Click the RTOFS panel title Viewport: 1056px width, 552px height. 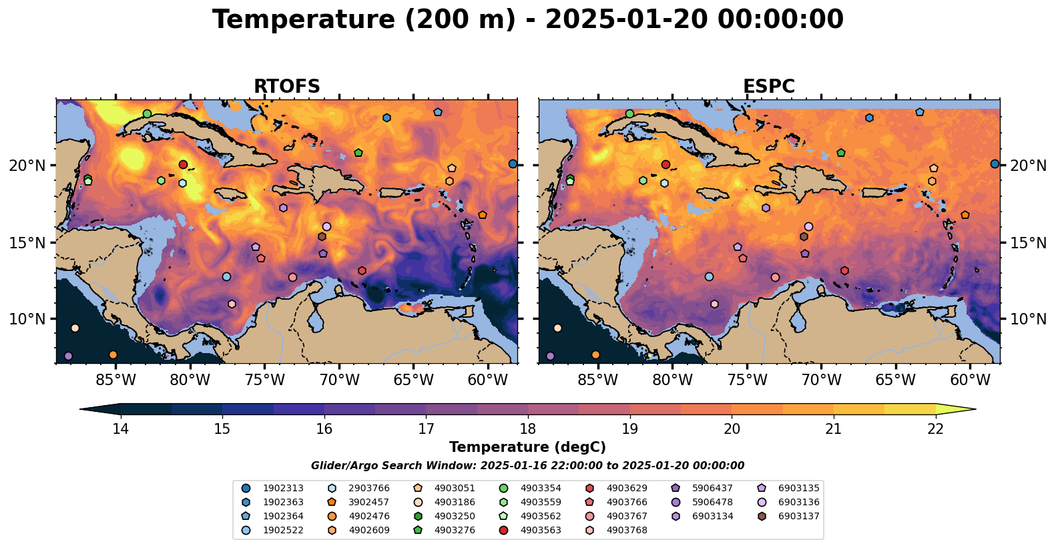click(x=286, y=87)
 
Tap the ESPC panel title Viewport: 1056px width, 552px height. click(x=769, y=87)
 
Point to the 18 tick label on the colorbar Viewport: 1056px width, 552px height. click(x=527, y=429)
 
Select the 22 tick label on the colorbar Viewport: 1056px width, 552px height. click(x=935, y=429)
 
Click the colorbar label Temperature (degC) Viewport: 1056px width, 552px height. click(x=527, y=447)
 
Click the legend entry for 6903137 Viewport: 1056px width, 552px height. click(x=798, y=516)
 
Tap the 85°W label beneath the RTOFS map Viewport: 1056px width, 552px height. click(x=115, y=380)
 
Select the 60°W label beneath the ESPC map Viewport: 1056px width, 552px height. click(x=970, y=380)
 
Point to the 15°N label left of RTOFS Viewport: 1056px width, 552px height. click(x=27, y=242)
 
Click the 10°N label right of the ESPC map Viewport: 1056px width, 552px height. click(x=1028, y=319)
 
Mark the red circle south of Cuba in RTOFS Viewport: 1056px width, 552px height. click(x=183, y=164)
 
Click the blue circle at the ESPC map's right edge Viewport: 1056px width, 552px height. click(x=995, y=164)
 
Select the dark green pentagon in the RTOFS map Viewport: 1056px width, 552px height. click(x=358, y=153)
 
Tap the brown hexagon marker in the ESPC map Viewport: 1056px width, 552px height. click(x=804, y=236)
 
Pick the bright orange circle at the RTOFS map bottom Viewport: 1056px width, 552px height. click(x=113, y=354)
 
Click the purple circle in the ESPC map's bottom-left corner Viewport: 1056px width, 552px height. click(x=550, y=356)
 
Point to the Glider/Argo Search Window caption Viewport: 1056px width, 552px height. click(x=527, y=466)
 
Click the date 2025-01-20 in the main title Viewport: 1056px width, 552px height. click(x=627, y=20)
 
